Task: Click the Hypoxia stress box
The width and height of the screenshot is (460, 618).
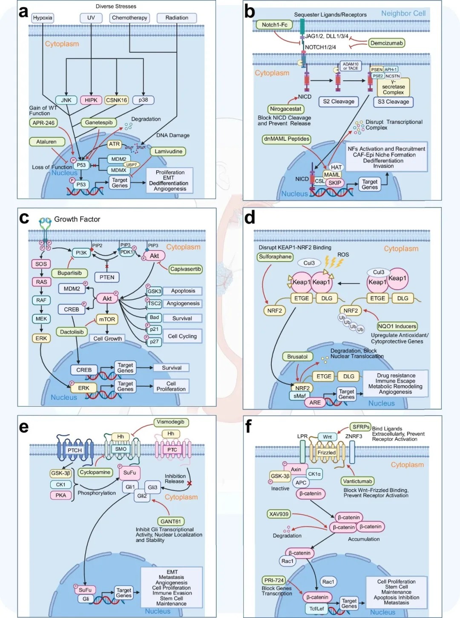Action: coord(43,18)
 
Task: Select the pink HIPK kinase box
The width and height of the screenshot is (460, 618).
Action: coord(91,100)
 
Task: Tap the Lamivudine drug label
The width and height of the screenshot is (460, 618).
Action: coord(168,151)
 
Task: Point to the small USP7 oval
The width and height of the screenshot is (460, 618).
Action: coord(132,165)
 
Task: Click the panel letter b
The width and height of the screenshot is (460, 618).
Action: coord(250,12)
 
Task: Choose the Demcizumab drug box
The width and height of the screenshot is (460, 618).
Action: coord(386,43)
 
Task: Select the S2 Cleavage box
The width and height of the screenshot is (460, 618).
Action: coord(339,102)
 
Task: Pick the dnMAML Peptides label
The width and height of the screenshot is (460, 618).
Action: coord(286,139)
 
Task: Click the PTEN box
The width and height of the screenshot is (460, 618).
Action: coord(107,277)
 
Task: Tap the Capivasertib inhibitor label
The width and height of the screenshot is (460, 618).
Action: coord(185,269)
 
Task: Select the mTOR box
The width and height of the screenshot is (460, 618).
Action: coord(107,319)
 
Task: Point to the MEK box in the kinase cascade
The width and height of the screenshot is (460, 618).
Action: coord(41,319)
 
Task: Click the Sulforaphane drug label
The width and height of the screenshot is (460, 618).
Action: coord(275,257)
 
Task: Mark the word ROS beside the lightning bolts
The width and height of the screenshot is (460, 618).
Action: coord(343,255)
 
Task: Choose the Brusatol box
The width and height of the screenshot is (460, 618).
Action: coord(297,357)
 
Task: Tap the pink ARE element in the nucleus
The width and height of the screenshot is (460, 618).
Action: coord(315,402)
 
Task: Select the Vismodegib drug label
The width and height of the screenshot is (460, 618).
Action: coord(170,422)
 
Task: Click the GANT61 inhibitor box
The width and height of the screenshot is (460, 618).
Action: coord(170,521)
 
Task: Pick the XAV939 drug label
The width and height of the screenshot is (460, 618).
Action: coord(279,514)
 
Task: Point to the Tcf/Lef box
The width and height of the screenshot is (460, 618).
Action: coord(316,609)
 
